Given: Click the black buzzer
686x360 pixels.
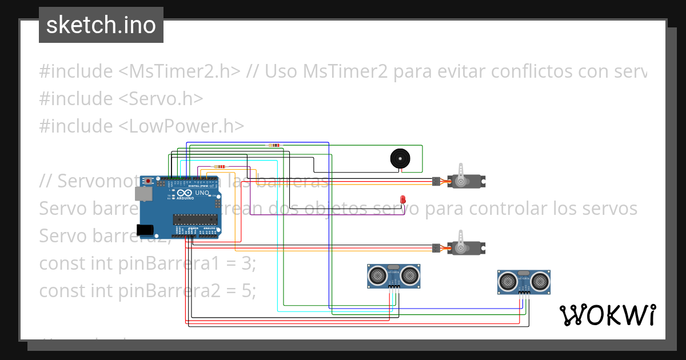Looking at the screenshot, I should (x=400, y=158).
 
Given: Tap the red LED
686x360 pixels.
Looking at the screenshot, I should (x=403, y=199).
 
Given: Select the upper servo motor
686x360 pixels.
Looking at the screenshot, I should (x=468, y=182).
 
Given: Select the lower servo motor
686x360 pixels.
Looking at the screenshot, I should (x=468, y=247).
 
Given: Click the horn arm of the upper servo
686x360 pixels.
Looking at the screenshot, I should (x=462, y=170).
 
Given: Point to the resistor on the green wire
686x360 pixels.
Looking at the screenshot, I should (x=274, y=145).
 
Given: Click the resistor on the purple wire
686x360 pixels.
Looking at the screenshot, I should (x=220, y=167).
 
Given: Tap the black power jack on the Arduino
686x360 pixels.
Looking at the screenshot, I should (x=145, y=230).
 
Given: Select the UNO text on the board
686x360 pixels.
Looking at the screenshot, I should (x=202, y=193).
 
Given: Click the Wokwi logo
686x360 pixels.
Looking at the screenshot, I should (x=607, y=315).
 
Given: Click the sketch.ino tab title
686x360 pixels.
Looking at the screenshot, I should (x=101, y=25).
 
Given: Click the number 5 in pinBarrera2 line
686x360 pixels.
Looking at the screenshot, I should (x=246, y=291).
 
